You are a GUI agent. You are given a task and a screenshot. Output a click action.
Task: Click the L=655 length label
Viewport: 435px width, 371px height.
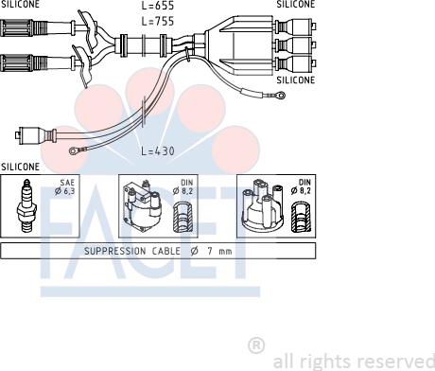158,6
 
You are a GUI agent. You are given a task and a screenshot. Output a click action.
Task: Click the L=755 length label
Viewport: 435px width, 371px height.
158,21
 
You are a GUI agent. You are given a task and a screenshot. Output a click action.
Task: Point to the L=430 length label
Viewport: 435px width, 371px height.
158,150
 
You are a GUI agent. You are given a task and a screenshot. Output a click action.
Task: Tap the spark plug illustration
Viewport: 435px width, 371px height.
26,206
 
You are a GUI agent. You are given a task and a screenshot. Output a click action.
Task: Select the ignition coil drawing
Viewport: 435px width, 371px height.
142,205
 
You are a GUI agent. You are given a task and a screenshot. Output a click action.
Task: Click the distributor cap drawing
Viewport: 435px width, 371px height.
263,205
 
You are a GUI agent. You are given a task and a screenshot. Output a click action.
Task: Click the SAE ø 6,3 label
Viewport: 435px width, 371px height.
65,186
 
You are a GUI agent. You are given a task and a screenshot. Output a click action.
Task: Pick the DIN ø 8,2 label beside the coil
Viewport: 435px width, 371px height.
183,186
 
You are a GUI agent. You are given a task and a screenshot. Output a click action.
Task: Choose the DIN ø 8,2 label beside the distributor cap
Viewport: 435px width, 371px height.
302,186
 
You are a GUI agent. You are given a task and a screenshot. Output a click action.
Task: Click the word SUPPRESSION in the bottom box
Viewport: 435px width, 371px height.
115,251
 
